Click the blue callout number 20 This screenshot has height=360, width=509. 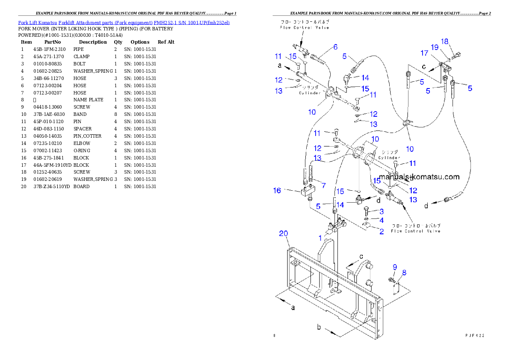tap(284, 233)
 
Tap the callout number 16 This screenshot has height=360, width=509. tap(277, 190)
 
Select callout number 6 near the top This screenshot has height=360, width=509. tap(335, 47)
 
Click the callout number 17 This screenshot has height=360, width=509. tap(424, 53)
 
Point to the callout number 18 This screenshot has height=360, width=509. tap(445, 41)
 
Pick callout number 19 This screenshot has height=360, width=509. tap(435, 47)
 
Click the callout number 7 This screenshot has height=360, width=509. tap(323, 186)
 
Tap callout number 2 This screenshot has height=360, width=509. tap(381, 231)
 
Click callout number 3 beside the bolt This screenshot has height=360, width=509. tap(381, 211)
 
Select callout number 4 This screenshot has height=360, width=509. tap(381, 221)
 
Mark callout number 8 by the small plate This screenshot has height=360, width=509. tap(404, 272)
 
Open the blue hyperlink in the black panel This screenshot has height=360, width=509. tap(124, 22)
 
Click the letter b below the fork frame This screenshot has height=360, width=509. tap(319, 328)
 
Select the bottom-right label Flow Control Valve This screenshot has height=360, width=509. tap(415, 231)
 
